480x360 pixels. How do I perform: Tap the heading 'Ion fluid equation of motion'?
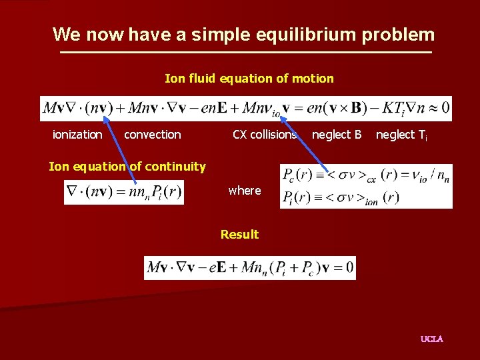point(249,79)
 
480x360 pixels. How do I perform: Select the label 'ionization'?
point(77,135)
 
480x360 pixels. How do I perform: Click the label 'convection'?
point(152,135)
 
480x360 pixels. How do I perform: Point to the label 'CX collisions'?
point(264,135)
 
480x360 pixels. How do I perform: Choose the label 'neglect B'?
point(337,135)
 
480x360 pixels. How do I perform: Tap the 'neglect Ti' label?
point(401,135)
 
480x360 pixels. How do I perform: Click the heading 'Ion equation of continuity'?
point(127,167)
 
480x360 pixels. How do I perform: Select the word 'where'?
point(245,191)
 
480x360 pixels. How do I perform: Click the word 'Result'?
point(239,235)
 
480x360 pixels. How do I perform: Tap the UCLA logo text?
point(431,339)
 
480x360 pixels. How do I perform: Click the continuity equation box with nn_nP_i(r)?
point(124,193)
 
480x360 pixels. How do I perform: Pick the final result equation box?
point(250,267)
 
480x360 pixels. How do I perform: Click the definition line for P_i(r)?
point(341,197)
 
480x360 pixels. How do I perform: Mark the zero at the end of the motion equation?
point(445,108)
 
